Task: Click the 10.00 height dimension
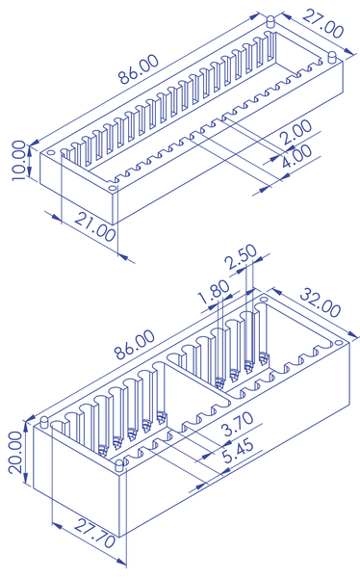tap(20, 161)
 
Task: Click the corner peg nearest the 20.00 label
tap(44, 422)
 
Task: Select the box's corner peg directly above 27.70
tap(120, 464)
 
